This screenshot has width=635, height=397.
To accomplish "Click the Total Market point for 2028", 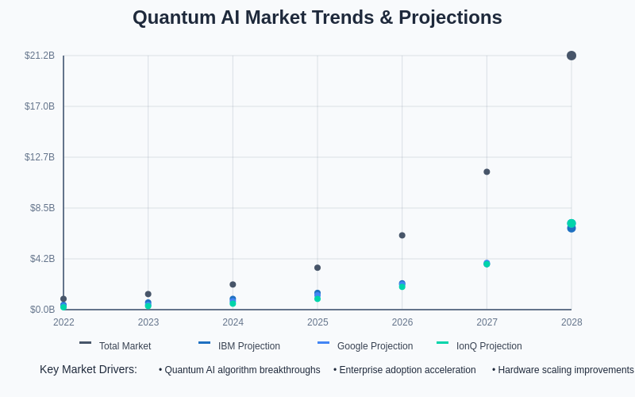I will [571, 56].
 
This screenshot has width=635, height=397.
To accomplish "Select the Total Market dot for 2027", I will [487, 172].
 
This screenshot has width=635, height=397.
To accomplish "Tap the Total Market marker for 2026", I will [402, 235].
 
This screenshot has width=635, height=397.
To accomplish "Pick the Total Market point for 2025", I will [317, 268].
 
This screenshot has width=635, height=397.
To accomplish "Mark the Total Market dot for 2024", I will [233, 284].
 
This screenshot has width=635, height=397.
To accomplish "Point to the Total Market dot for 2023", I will [148, 294].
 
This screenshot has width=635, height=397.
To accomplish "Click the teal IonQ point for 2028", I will [571, 223].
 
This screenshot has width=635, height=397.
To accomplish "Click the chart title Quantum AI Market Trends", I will [317, 17].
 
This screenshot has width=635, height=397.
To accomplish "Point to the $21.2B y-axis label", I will [40, 56].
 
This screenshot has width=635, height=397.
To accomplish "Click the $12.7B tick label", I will [40, 157].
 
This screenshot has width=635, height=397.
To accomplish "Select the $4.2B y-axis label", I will [42, 259].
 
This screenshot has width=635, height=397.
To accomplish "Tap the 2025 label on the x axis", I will [317, 322].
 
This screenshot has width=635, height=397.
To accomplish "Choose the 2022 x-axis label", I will [63, 322].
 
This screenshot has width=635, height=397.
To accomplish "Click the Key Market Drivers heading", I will [88, 369].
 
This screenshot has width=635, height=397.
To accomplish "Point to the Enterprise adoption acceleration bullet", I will [405, 370].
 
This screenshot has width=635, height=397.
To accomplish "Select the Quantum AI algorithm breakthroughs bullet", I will [240, 370].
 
